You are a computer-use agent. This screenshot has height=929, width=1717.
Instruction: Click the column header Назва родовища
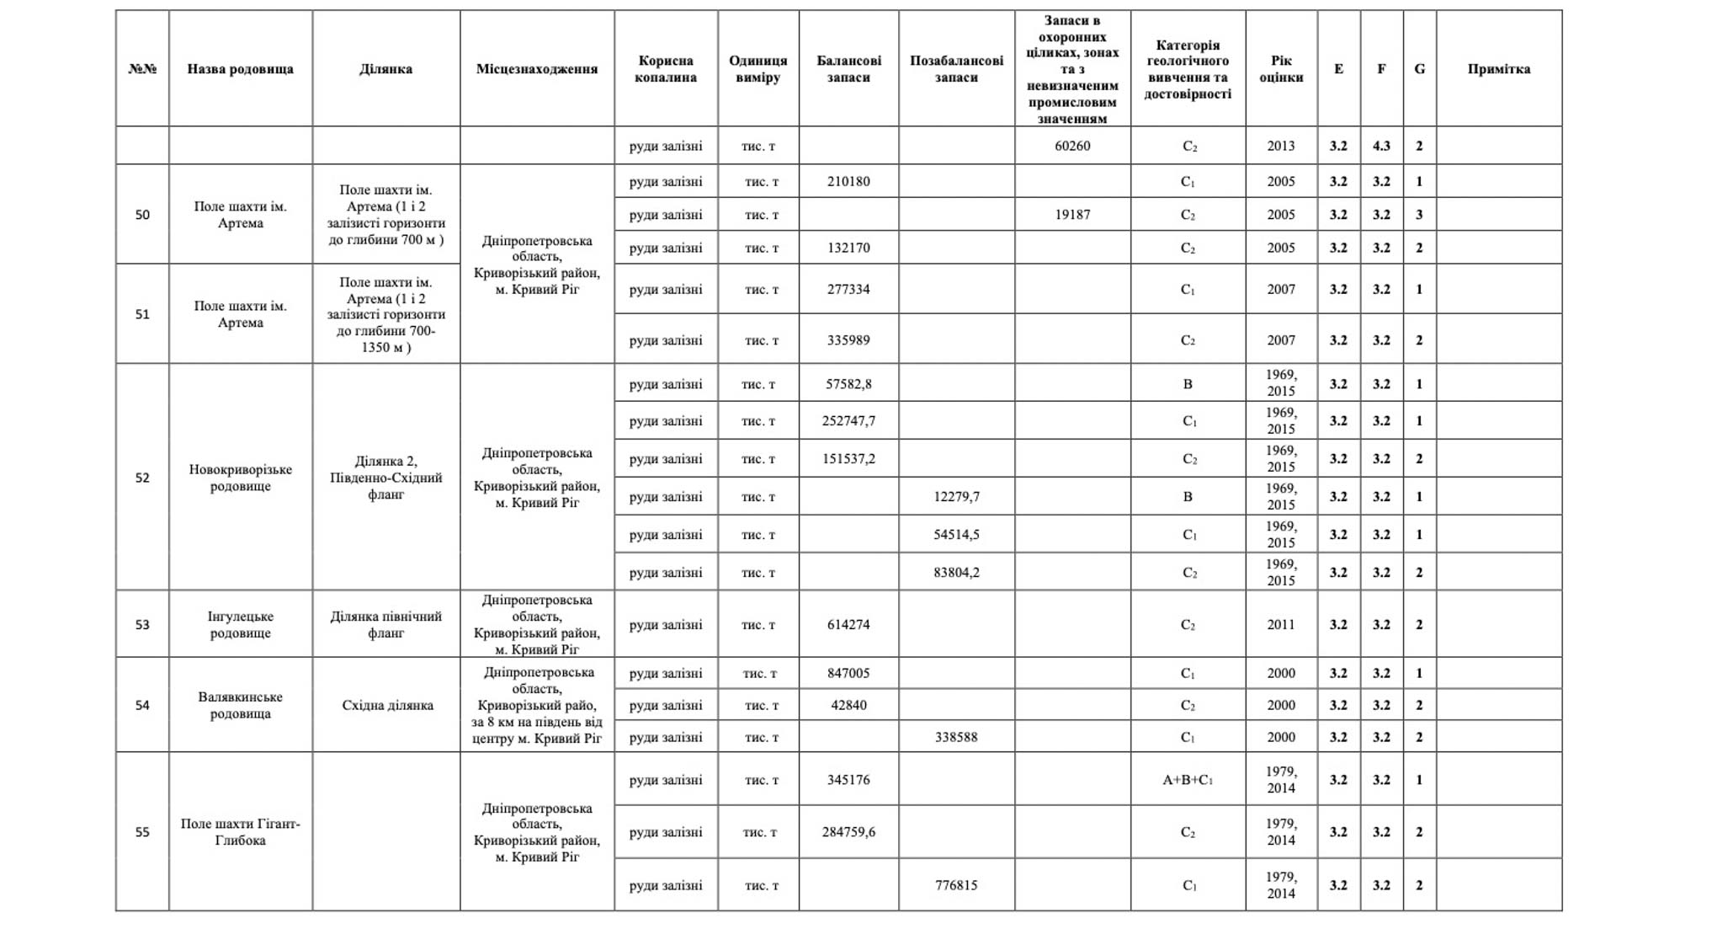[240, 69]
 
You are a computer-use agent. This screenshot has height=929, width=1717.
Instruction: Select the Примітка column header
[1498, 69]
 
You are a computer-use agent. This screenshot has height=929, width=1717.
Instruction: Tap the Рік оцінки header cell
[1281, 69]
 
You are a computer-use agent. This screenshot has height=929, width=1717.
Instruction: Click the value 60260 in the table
[1071, 146]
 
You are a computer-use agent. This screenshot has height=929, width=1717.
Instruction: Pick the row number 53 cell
[142, 625]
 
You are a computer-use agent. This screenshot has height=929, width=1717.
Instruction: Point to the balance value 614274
[848, 625]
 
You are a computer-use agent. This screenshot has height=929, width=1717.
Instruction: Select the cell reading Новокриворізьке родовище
[240, 478]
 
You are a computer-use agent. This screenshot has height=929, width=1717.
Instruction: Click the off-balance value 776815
[956, 885]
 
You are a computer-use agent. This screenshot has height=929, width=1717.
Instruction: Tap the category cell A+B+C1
[1188, 780]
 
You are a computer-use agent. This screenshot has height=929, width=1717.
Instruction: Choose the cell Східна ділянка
[387, 705]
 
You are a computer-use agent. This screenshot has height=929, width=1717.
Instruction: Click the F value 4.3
[1381, 146]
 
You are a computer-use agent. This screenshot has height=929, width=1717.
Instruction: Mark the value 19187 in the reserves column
[1071, 215]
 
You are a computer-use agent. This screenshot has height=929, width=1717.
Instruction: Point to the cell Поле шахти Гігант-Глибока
[240, 832]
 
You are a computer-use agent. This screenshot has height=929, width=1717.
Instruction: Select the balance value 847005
[848, 673]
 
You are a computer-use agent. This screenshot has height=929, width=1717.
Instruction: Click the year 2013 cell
[1281, 146]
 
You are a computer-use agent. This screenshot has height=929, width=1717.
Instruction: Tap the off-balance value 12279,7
[956, 497]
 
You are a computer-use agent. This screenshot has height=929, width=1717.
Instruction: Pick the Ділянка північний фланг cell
[385, 625]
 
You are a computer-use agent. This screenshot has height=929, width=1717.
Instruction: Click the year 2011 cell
[1281, 625]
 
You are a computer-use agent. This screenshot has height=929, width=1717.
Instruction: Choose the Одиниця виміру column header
[757, 69]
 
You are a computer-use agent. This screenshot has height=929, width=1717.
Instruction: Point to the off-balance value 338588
[956, 737]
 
